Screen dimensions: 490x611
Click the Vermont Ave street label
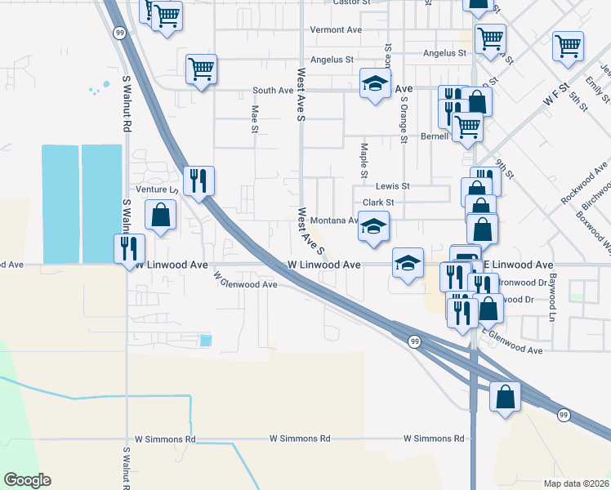(x=335, y=30)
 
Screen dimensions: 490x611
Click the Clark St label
(x=378, y=203)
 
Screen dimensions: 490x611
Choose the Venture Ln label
(x=155, y=189)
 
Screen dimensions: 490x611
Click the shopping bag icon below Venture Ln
(x=161, y=216)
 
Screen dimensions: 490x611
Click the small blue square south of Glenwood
(x=206, y=340)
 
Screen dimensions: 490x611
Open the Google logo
(x=27, y=480)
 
